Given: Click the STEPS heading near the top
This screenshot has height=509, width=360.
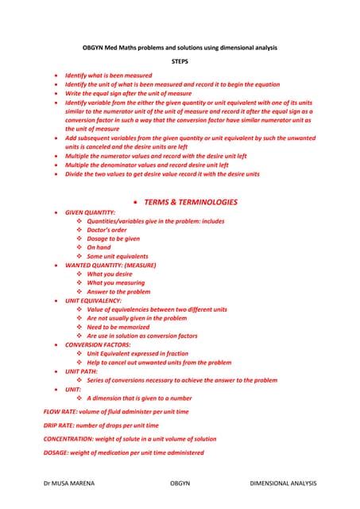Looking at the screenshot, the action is pos(180,61).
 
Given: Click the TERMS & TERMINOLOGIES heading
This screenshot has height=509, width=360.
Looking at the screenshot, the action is pos(191,202).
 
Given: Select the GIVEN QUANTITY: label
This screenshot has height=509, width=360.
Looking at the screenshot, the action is pos(90,212).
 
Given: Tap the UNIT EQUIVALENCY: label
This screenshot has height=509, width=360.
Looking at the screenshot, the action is pos(93,301).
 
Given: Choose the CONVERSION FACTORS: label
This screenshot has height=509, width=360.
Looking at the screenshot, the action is pos(98,345).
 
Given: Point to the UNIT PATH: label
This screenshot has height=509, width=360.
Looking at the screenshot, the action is pos(81,371).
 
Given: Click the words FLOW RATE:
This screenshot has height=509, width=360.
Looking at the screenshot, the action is pos(60,412).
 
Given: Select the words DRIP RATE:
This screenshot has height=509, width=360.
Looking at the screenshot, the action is pos(60,425).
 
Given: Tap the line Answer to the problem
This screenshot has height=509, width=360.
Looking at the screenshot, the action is pos(118,292).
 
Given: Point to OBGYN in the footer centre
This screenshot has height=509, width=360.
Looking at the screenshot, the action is pos(180,483).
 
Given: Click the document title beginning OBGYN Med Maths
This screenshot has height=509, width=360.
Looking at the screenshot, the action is pos(180,48).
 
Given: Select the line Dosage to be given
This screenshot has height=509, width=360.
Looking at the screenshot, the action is pos(113,239).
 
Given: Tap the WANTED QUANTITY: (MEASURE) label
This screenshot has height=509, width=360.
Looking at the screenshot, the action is pos(110,265).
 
